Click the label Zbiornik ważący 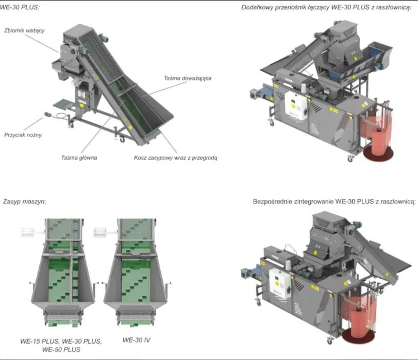point(24,31)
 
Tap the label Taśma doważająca point(188,78)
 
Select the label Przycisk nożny point(23,135)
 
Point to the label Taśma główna point(79,158)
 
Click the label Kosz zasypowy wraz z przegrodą point(175,158)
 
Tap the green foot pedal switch point(48,114)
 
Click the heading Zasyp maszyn point(24,201)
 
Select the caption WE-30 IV point(137,340)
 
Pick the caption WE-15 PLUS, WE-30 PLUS point(61,341)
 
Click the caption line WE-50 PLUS point(61,350)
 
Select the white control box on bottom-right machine point(279,284)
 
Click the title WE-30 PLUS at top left point(19,7)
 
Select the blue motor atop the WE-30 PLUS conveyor point(104,38)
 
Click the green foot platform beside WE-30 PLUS point(63,104)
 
